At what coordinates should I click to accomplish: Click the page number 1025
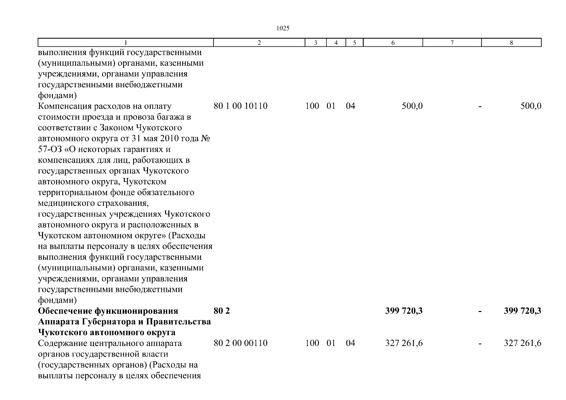283,28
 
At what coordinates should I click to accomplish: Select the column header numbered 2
259,43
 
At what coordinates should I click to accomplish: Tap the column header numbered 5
354,43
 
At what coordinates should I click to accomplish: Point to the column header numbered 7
452,43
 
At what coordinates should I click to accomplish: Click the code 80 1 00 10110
240,106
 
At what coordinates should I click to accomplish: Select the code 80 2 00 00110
240,343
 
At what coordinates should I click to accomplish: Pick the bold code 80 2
222,311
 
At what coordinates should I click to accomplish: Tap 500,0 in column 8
531,106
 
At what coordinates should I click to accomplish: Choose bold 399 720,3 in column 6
404,311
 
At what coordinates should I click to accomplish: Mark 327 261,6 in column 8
522,343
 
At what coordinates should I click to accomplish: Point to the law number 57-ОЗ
50,149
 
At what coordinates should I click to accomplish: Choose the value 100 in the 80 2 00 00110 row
312,343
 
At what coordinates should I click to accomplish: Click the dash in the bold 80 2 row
480,311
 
